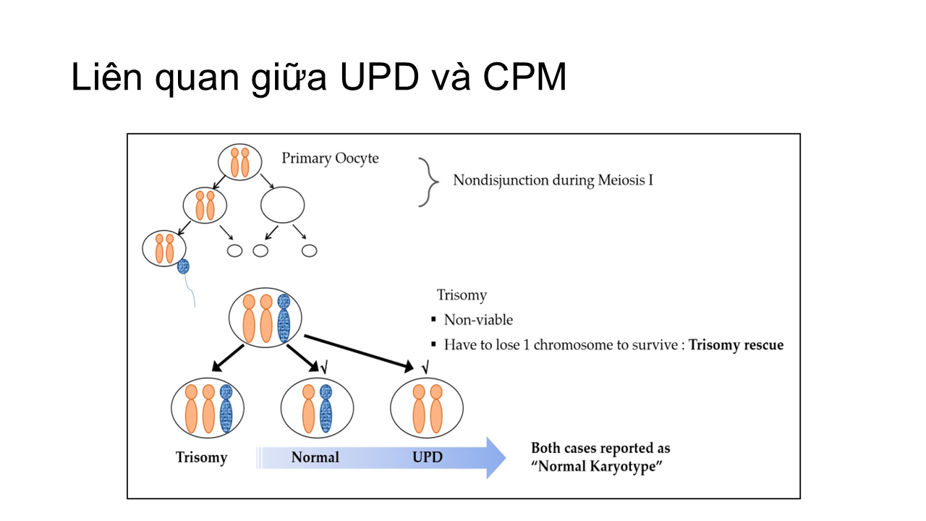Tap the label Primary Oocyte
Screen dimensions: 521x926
(x=330, y=158)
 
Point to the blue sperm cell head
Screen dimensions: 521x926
(x=183, y=266)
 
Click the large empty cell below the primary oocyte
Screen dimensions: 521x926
(x=281, y=205)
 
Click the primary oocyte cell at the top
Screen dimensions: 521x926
(x=239, y=162)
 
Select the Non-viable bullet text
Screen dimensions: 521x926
(x=478, y=320)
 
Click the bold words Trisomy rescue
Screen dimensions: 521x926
(x=736, y=344)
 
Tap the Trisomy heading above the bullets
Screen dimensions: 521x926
(x=462, y=295)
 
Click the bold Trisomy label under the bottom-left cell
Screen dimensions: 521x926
(x=201, y=457)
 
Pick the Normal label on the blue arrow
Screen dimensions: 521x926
(x=315, y=457)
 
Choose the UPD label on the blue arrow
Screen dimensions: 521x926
(x=427, y=457)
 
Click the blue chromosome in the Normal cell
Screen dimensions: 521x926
(x=326, y=409)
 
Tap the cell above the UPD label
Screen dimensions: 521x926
(x=427, y=409)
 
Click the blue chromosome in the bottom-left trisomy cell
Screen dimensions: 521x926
(x=226, y=409)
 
